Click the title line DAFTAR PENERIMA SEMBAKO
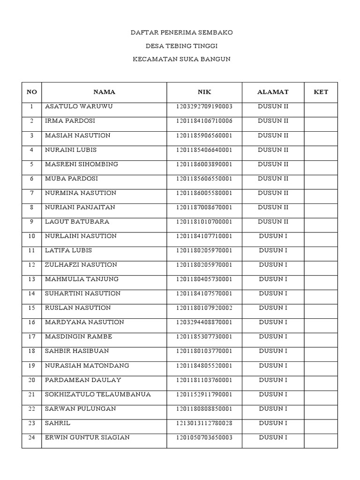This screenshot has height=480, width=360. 181,33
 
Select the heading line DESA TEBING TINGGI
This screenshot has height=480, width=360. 181,46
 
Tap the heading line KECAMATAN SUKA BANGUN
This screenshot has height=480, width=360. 181,60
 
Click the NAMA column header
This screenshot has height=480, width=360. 104,92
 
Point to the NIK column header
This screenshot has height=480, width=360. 204,92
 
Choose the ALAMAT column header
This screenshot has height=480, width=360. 273,92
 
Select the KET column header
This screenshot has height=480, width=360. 321,92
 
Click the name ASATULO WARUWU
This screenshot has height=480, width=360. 79,106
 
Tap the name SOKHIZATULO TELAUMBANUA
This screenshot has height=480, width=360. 98,394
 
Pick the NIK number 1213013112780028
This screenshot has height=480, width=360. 204,423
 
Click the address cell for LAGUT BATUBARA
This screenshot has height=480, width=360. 273,222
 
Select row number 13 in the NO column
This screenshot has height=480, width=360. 32,279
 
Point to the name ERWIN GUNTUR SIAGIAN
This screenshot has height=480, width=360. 87,438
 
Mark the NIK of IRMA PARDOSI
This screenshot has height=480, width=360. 204,121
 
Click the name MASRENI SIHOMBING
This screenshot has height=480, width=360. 82,164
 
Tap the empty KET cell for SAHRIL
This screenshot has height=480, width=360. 321,423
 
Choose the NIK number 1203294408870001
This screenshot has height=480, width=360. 204,322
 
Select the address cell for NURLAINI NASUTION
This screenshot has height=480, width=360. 273,236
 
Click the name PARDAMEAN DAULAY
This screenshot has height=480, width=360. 83,380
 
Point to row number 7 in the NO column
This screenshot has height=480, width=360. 32,193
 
